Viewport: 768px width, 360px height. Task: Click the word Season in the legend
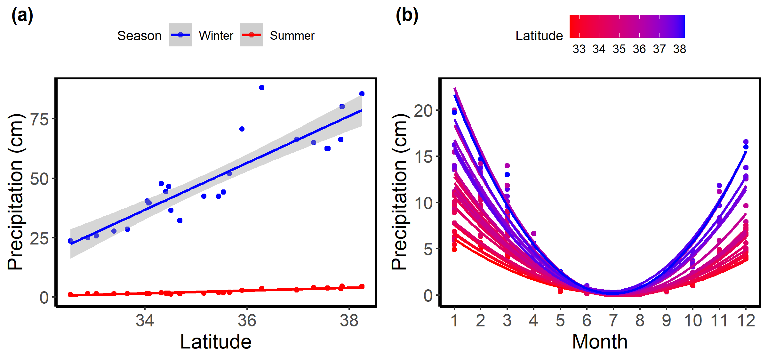tap(139, 36)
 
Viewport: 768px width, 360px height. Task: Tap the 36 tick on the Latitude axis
tap(247, 320)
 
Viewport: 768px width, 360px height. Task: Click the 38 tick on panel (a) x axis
tap(349, 320)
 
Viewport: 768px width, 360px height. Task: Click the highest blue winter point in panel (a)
tap(262, 88)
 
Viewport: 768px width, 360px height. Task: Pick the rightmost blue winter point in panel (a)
tap(362, 94)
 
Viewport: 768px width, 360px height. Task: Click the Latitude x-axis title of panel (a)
tap(216, 342)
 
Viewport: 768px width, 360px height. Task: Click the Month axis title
tap(600, 342)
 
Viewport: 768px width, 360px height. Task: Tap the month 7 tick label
tap(613, 320)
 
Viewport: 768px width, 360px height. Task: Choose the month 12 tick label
tap(746, 320)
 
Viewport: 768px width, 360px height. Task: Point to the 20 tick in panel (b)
tap(423, 111)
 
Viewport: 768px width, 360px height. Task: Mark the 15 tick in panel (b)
tap(423, 157)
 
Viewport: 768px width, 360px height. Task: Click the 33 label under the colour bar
tap(579, 49)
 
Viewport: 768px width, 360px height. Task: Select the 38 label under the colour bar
tap(679, 49)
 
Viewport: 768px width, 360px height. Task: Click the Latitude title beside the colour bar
tap(539, 36)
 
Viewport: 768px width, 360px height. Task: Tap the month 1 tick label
tap(454, 320)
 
